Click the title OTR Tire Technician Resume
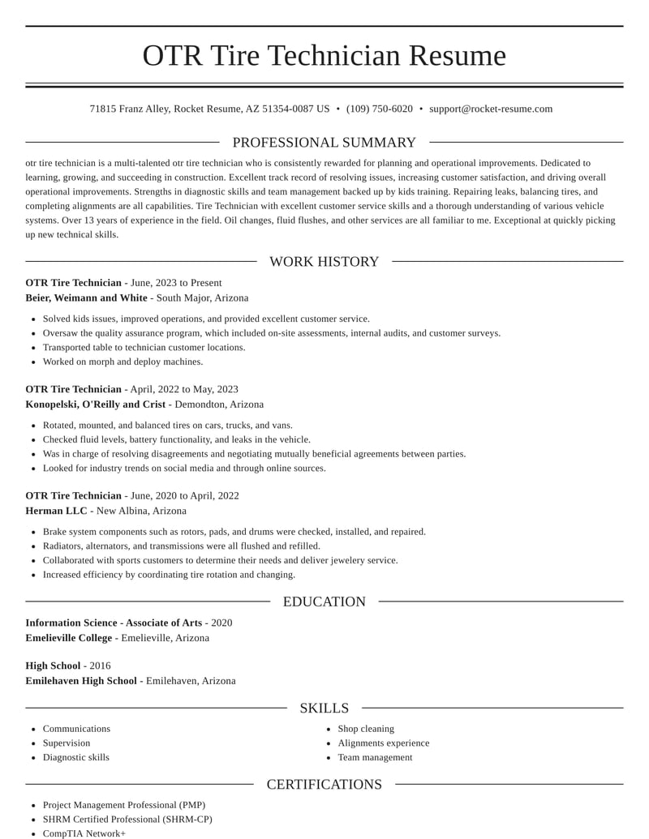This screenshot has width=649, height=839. pyautogui.click(x=324, y=56)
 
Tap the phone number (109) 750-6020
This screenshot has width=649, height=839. pyautogui.click(x=379, y=109)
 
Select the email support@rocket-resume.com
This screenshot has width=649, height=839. pyautogui.click(x=491, y=109)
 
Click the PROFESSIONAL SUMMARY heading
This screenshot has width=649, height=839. pyautogui.click(x=324, y=143)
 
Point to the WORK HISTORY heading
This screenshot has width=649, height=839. pyautogui.click(x=324, y=262)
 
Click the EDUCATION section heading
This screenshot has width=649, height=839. pyautogui.click(x=324, y=601)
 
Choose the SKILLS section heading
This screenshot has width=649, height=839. pyautogui.click(x=324, y=708)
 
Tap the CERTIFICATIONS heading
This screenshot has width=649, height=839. pyautogui.click(x=324, y=785)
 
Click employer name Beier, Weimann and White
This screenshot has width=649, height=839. pyautogui.click(x=86, y=298)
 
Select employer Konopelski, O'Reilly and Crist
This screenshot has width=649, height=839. pyautogui.click(x=95, y=405)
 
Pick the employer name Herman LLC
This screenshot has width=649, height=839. pyautogui.click(x=56, y=512)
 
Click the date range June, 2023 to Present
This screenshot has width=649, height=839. pyautogui.click(x=176, y=283)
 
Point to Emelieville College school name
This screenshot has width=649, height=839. pyautogui.click(x=68, y=638)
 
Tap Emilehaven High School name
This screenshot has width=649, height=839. pyautogui.click(x=80, y=681)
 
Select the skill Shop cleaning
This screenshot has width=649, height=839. pyautogui.click(x=366, y=729)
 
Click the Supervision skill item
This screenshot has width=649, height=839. pyautogui.click(x=67, y=743)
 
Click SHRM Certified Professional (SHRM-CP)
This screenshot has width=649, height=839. pyautogui.click(x=127, y=820)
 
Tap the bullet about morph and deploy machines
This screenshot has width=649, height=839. pyautogui.click(x=122, y=362)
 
